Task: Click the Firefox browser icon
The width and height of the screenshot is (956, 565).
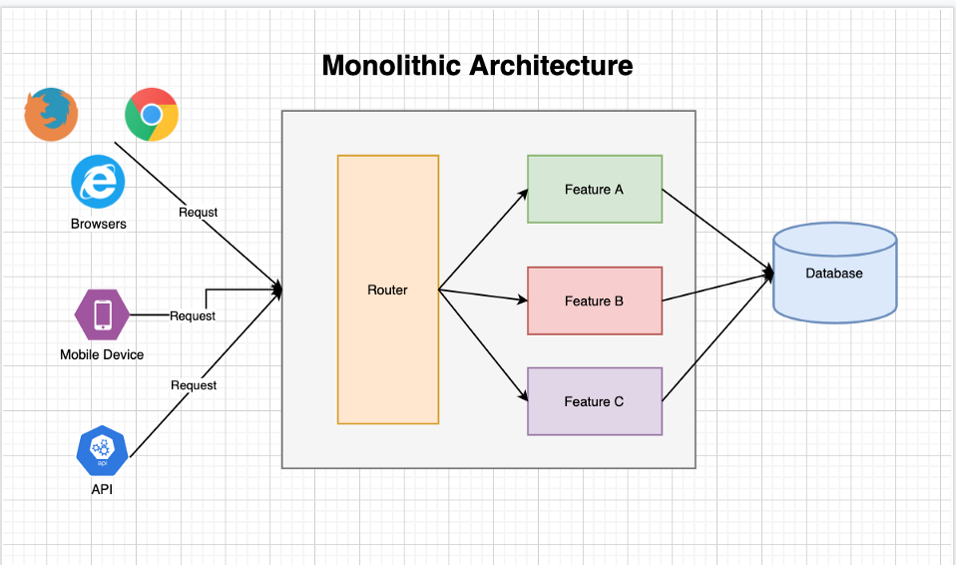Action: pos(51,113)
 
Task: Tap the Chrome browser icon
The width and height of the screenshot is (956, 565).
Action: pos(152,115)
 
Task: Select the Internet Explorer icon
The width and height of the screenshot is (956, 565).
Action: pos(98,183)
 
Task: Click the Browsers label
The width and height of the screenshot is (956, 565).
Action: pos(99,224)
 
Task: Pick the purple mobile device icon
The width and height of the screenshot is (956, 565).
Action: pos(102,314)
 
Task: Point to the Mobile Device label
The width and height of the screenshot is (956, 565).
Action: pos(102,354)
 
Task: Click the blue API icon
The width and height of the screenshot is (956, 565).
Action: pos(101,451)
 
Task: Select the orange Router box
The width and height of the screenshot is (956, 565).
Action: pos(387,289)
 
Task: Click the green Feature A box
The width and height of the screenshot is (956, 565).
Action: pos(594,189)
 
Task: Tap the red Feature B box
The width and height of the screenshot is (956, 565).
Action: pos(594,300)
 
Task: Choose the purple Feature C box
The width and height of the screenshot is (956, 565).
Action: pos(594,401)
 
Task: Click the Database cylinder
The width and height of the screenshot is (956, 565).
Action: pos(834,273)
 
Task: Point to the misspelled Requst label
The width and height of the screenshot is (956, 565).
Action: pos(199,212)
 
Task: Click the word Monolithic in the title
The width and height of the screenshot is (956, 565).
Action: pos(392,66)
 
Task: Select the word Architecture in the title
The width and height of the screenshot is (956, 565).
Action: pos(551,66)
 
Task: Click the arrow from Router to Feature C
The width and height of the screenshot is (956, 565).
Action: pos(483,345)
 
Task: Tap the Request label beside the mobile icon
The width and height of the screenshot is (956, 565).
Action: pos(193,315)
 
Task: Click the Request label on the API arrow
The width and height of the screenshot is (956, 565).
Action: pos(194,384)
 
